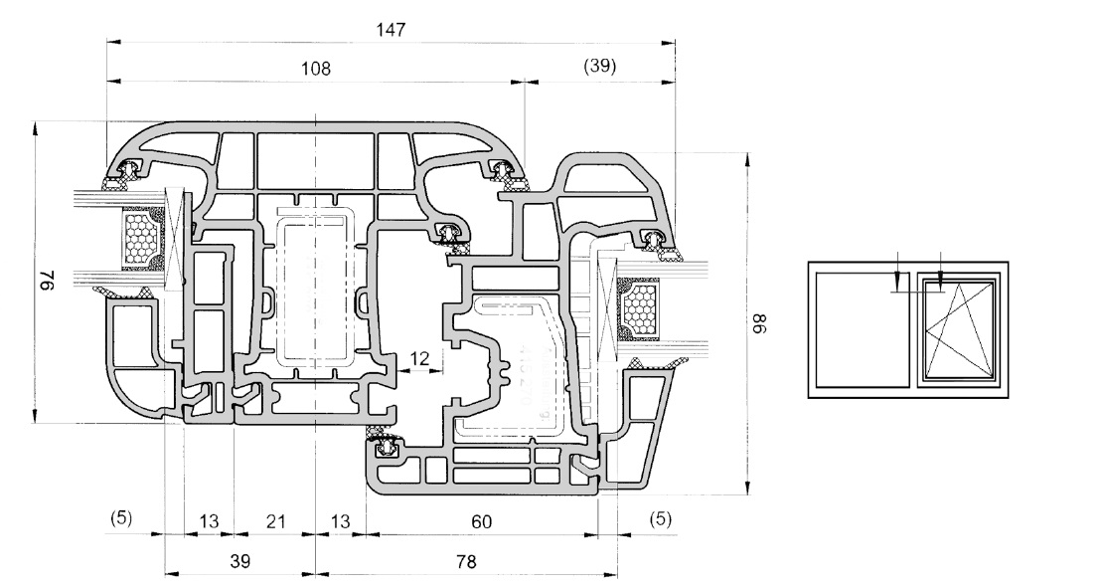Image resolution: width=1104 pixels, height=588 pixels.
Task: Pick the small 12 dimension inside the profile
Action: coord(421,358)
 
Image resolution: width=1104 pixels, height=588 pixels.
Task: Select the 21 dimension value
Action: coord(275,519)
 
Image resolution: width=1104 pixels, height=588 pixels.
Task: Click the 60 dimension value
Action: coord(482,519)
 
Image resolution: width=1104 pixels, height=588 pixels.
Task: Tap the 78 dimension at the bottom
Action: coord(465,561)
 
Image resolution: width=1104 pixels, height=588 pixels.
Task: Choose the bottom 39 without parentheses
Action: coord(239,561)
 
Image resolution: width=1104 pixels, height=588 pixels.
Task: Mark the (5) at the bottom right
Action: coord(660,518)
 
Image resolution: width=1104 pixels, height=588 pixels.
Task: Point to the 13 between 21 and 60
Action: coord(340,519)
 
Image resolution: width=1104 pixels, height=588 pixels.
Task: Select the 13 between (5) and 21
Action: coord(209,519)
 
